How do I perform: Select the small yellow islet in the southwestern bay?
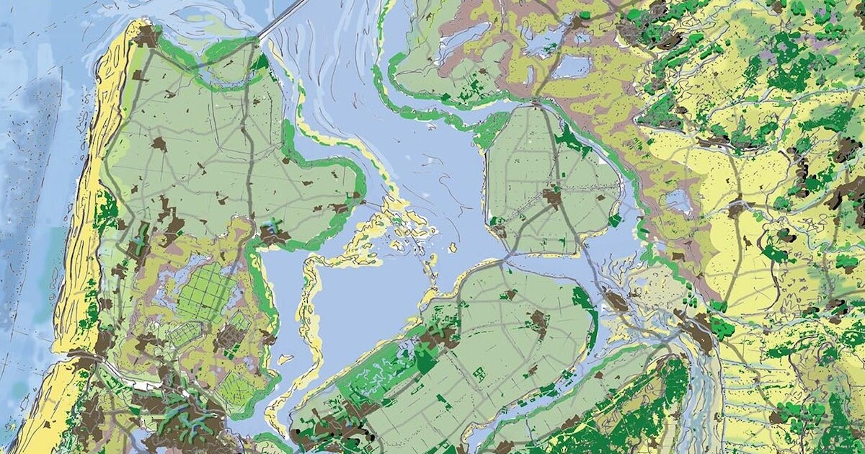tap(285, 358)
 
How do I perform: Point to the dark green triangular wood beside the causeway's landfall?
tap(259, 62)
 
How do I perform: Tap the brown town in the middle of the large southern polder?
tap(537, 321)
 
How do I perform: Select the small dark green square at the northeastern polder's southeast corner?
tap(614, 220)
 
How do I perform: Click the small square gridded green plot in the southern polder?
tap(479, 374)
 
